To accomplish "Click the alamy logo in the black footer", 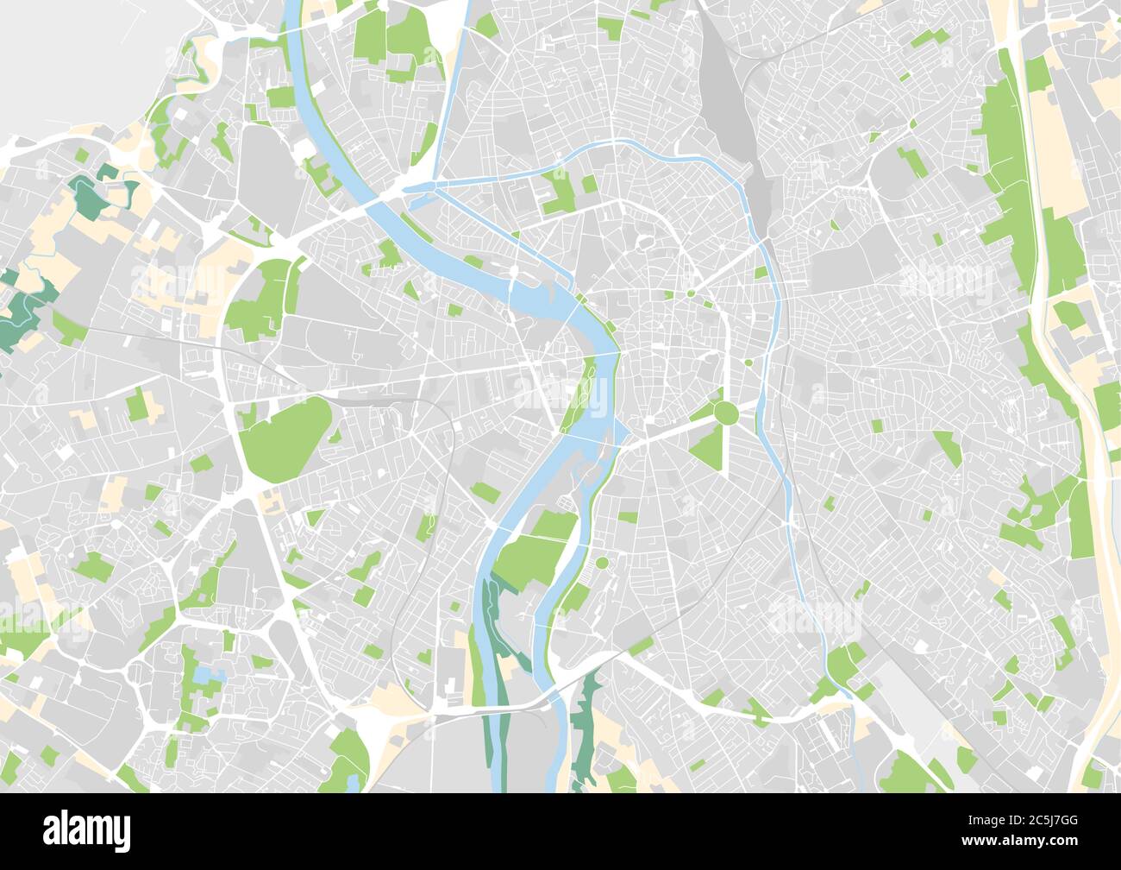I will (x=86, y=829).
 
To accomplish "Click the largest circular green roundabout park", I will (x=725, y=413).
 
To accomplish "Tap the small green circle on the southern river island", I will (x=601, y=564).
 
